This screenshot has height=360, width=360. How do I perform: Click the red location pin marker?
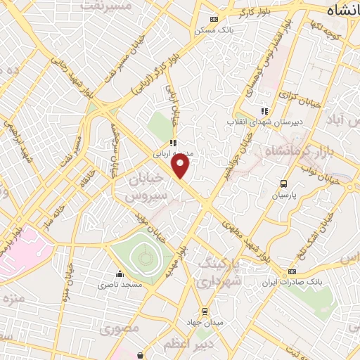181,166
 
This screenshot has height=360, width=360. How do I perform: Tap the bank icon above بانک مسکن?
214,20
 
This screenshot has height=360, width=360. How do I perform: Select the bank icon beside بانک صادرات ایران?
292,272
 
